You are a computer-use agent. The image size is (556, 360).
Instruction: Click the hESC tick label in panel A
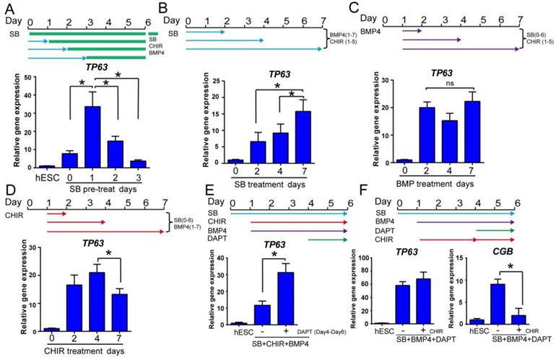46,175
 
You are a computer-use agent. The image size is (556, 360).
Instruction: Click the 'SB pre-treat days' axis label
113,187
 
